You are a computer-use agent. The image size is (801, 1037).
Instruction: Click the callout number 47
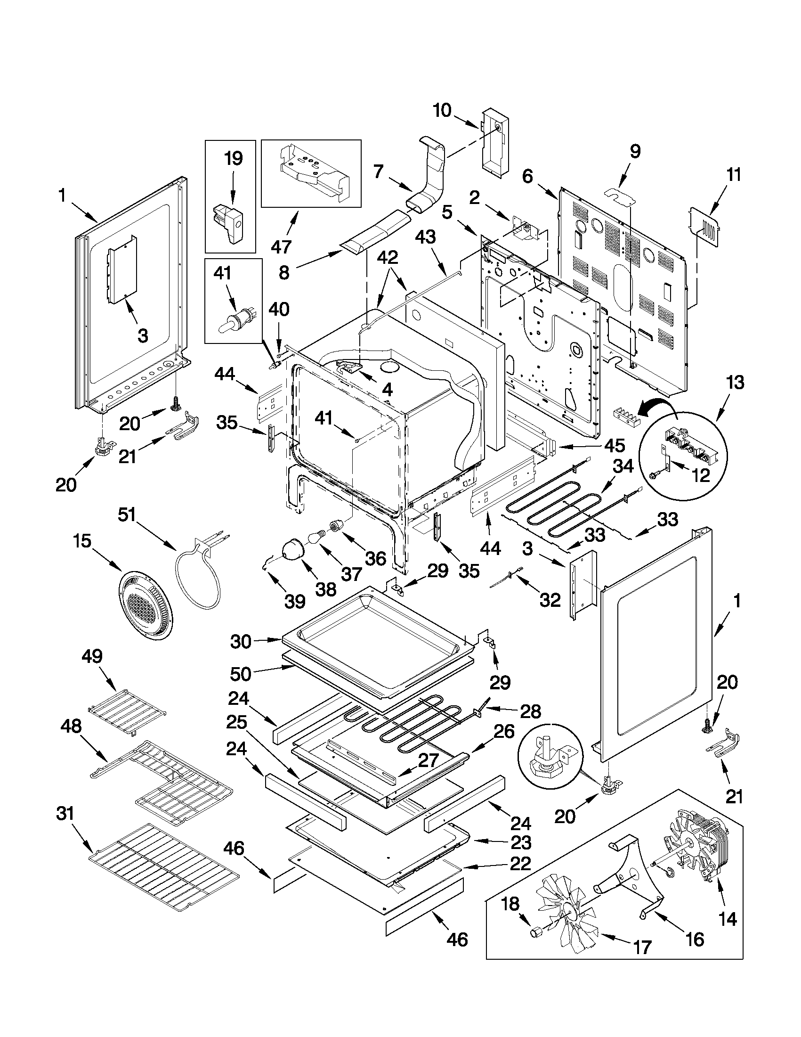(x=282, y=246)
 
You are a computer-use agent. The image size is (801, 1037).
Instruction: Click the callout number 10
(x=442, y=110)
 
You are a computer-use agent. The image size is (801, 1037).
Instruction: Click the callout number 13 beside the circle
(x=736, y=383)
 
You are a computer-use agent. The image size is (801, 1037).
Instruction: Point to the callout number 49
(x=91, y=656)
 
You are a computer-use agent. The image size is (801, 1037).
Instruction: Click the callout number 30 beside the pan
(x=241, y=641)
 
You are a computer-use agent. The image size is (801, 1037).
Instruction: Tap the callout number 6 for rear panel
(x=527, y=177)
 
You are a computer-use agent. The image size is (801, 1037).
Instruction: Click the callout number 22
(x=519, y=863)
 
